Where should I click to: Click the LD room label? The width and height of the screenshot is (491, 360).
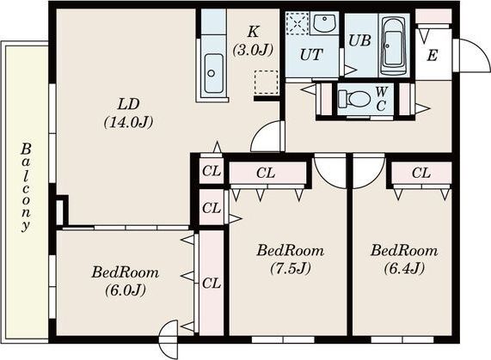click(x=128, y=104)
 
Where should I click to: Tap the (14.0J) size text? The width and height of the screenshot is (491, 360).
click(x=129, y=122)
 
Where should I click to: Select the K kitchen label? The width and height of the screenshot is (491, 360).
click(x=253, y=32)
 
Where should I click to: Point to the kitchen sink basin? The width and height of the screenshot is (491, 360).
click(x=213, y=74)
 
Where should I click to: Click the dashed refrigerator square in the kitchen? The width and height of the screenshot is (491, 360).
click(x=267, y=82)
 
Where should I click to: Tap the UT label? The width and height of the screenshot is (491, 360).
click(x=311, y=55)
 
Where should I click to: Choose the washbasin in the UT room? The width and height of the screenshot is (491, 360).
click(x=324, y=21)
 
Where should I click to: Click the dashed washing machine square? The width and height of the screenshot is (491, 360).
click(x=298, y=23)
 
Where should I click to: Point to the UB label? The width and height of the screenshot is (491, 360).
click(x=360, y=40)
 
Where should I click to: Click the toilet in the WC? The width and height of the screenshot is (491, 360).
click(x=355, y=99)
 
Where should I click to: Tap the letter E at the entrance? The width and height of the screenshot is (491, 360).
click(x=433, y=56)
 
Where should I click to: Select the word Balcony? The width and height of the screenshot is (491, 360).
click(x=26, y=187)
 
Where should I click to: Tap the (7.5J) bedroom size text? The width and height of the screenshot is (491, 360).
click(x=291, y=268)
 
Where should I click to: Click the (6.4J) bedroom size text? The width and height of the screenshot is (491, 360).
click(x=404, y=268)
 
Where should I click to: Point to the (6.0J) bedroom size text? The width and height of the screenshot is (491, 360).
click(x=126, y=290)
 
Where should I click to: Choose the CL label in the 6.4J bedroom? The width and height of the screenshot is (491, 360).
click(x=421, y=173)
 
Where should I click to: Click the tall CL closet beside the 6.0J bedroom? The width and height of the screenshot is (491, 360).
click(x=212, y=283)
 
